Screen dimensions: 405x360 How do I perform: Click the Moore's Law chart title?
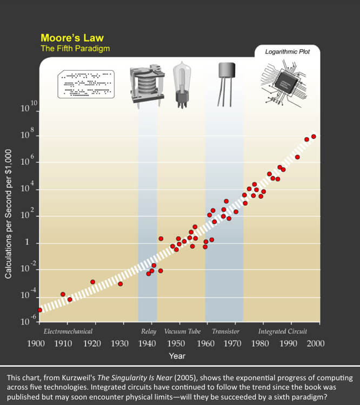point(72,38)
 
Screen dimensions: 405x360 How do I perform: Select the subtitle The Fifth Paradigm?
point(75,49)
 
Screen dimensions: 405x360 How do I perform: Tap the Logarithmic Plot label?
point(287,52)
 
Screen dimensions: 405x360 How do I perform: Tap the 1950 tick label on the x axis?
point(175,343)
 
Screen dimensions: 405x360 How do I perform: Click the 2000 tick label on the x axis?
point(316,343)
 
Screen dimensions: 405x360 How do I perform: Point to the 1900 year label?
point(36,343)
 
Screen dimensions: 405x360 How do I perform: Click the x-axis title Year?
point(177,356)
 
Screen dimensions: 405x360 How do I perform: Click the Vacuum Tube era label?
point(182,331)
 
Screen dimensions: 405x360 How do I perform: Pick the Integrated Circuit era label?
point(282,331)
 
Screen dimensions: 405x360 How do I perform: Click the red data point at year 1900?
point(39,310)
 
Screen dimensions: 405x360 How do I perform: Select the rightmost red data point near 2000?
point(314,137)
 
